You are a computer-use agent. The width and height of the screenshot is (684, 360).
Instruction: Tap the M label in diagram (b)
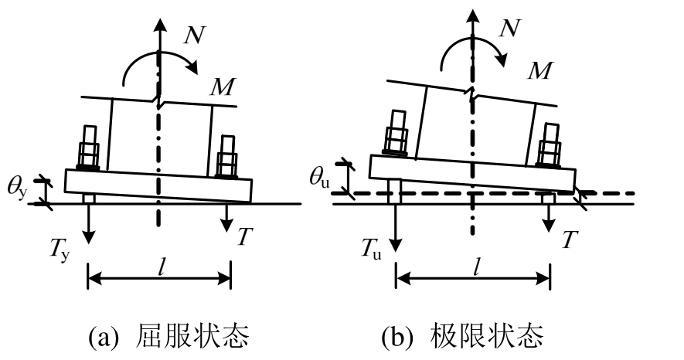point(541,72)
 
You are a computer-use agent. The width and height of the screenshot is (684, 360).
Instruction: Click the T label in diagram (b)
point(568,240)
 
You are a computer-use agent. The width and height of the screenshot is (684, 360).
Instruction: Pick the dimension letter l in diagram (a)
point(160,267)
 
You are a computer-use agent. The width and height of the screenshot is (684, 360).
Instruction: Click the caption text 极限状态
point(505,337)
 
